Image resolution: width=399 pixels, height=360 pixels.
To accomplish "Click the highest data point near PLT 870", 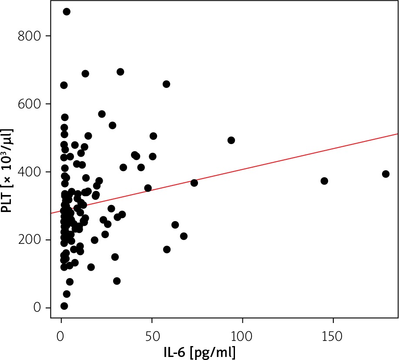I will [x=67, y=12].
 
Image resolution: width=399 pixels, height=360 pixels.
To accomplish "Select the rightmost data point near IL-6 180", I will [x=386, y=174].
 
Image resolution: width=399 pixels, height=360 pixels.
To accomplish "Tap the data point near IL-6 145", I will [x=324, y=181].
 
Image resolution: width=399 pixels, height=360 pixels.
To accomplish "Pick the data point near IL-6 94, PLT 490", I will [x=231, y=140].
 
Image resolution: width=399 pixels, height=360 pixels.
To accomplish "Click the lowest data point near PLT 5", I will [x=64, y=306].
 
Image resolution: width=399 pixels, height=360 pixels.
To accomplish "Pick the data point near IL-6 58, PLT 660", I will [x=166, y=84].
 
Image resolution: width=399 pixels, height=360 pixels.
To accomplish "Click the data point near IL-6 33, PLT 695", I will [x=121, y=72].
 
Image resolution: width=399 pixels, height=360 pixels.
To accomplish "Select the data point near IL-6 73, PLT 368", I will [x=194, y=183].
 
